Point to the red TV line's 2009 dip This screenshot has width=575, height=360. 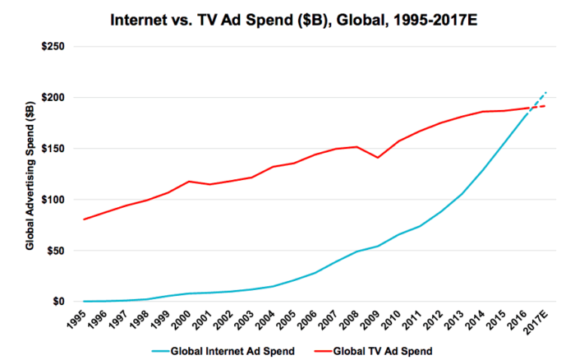tap(378, 157)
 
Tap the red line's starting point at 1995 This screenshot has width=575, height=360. tap(84, 219)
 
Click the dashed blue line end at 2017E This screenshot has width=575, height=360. tap(545, 92)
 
